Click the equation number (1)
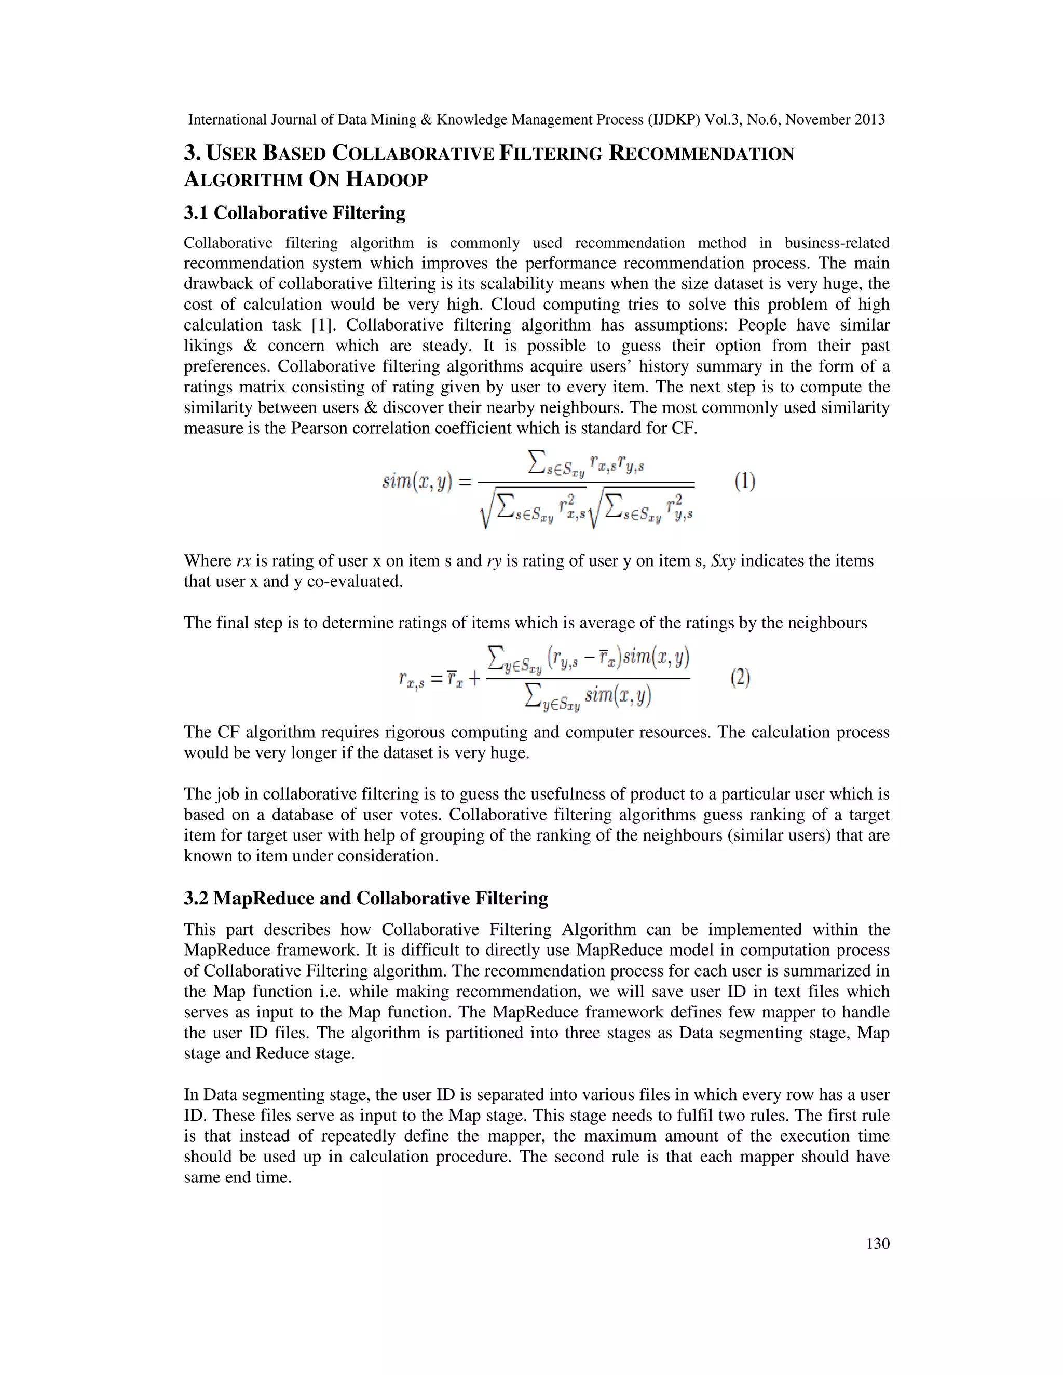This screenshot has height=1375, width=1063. [744, 482]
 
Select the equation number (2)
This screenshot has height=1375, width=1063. [740, 678]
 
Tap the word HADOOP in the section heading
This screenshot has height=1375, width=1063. [387, 180]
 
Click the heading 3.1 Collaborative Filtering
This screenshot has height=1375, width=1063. [294, 213]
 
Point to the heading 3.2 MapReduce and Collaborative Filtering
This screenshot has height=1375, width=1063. [365, 898]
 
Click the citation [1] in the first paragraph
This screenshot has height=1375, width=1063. [323, 325]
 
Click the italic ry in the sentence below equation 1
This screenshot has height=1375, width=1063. [494, 561]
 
